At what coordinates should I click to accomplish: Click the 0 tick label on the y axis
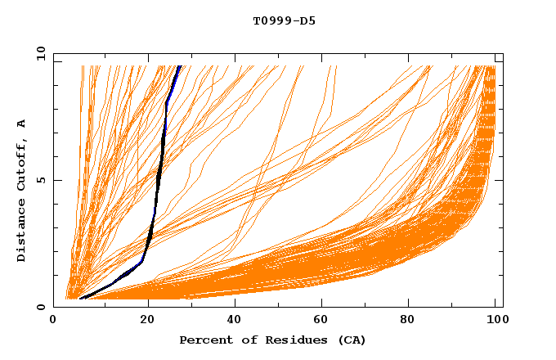[42, 307]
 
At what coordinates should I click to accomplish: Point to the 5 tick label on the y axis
[42, 180]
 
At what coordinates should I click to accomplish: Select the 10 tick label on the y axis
[39, 54]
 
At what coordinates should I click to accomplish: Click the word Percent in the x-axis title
[204, 340]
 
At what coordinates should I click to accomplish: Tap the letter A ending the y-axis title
[21, 123]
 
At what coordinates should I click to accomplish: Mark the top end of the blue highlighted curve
[179, 66]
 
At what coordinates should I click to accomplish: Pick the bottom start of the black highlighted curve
[80, 299]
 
